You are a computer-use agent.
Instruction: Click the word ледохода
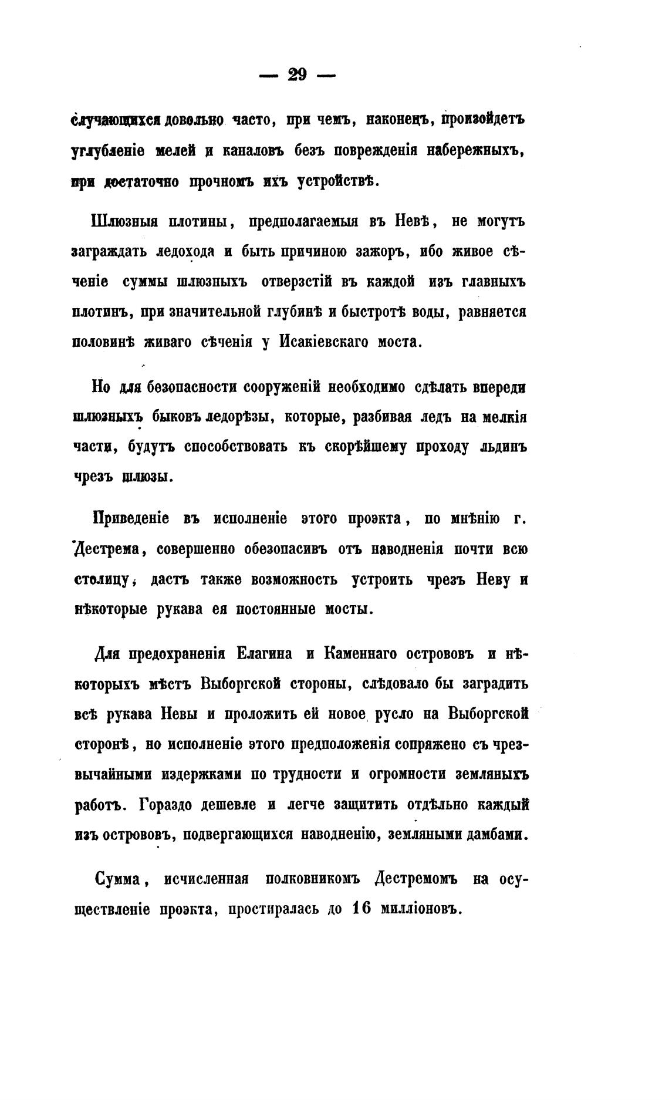[170, 252]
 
